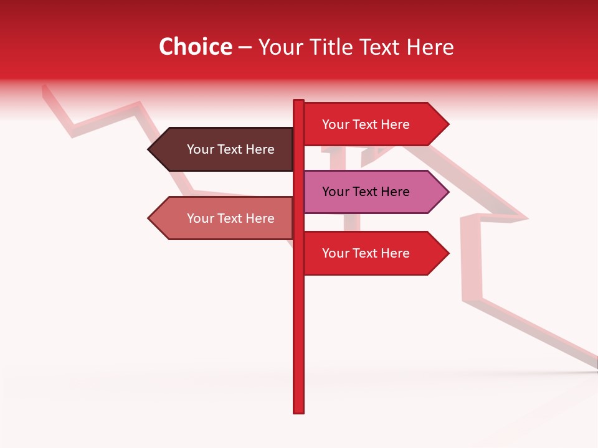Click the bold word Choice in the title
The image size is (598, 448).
(195, 47)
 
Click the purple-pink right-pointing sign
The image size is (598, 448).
(374, 192)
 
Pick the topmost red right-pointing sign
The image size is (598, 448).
(374, 124)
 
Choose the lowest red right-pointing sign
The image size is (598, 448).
(374, 253)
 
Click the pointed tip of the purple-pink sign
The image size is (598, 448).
(447, 192)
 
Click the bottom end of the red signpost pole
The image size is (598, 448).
(298, 411)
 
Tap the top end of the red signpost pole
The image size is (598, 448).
(298, 101)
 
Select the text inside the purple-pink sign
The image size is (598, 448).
(366, 192)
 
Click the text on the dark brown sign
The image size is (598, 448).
(230, 149)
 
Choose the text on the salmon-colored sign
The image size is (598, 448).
(230, 218)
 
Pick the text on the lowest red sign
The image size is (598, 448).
(366, 253)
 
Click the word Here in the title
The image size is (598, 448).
(430, 47)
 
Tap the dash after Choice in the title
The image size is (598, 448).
(245, 48)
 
